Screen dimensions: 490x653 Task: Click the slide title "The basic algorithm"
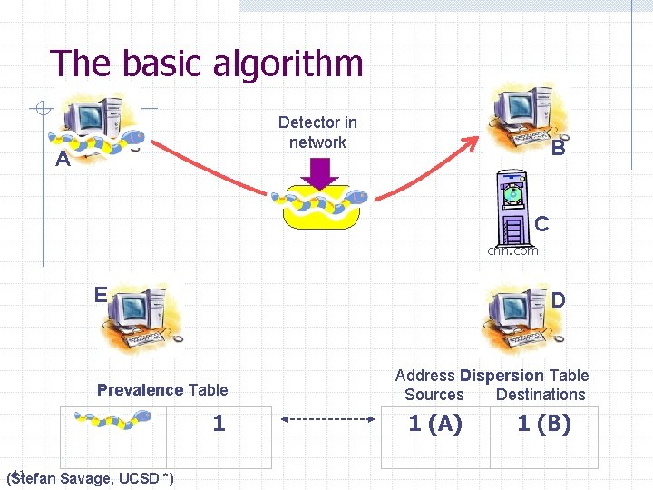click(x=207, y=64)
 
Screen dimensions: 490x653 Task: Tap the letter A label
click(x=62, y=161)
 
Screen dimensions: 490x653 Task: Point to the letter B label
click(x=559, y=149)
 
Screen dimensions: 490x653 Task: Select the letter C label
click(x=541, y=223)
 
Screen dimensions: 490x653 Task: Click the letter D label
click(x=559, y=299)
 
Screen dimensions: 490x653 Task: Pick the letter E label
click(x=101, y=294)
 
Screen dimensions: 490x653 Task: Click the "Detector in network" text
click(x=317, y=132)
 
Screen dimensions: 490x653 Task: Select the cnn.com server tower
click(x=512, y=206)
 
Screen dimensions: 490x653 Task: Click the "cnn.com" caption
click(x=512, y=250)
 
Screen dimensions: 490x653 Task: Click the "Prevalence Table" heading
click(x=162, y=390)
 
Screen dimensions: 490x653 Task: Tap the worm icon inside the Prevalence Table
click(x=112, y=420)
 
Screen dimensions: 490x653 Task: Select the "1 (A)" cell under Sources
click(x=435, y=423)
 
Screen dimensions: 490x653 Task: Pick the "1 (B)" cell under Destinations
click(x=544, y=423)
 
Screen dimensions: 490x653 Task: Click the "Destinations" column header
click(x=541, y=395)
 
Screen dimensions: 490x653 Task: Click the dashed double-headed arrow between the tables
click(x=327, y=420)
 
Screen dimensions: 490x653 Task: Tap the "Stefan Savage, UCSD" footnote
click(x=91, y=478)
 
